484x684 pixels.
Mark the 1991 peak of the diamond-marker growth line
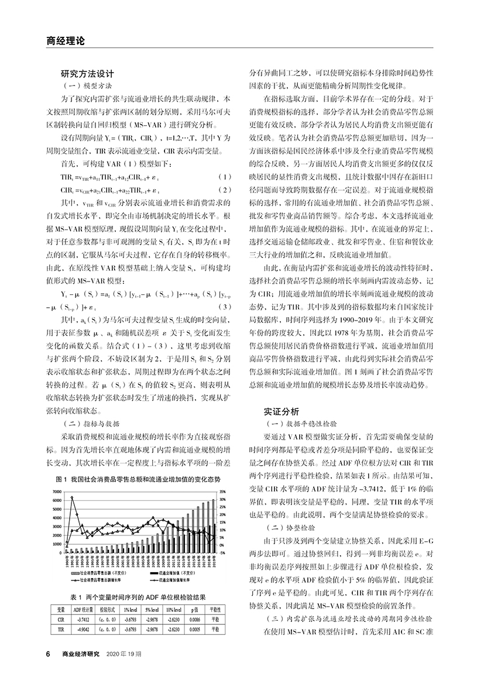[x=71, y=497]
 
